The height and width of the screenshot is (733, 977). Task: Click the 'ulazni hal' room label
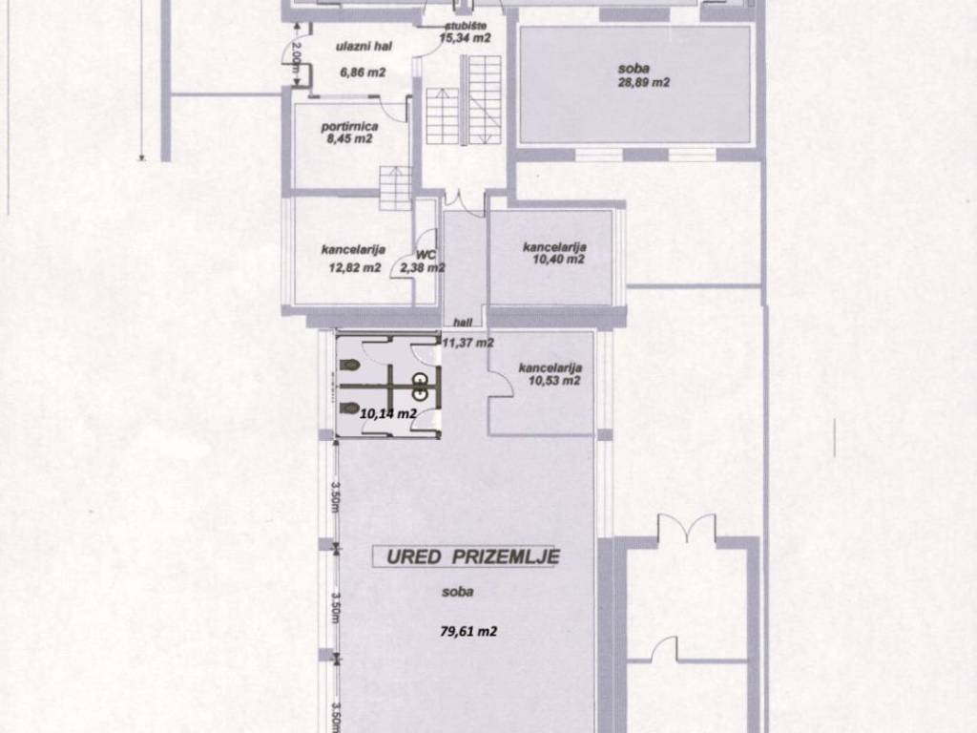(364, 46)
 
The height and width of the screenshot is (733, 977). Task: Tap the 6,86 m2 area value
(363, 73)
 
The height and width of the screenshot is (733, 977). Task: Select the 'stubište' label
(466, 26)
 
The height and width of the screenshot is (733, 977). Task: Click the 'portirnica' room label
(349, 127)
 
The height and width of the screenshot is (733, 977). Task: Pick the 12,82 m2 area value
(355, 268)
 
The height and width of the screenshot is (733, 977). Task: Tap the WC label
(426, 255)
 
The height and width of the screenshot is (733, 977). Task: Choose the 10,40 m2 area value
(559, 259)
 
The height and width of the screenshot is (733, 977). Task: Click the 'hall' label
(463, 323)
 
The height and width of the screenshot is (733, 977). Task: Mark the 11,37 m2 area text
(468, 343)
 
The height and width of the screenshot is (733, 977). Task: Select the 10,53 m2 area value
(554, 380)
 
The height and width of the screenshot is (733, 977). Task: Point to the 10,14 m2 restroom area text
(388, 412)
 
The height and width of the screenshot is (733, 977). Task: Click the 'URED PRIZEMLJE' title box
(467, 556)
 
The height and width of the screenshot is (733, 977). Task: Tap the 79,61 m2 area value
(468, 632)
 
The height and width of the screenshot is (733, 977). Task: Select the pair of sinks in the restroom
(421, 386)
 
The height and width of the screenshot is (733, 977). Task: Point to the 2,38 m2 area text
(423, 268)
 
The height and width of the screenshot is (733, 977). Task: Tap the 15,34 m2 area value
(465, 38)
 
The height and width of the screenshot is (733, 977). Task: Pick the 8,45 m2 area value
(349, 138)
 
